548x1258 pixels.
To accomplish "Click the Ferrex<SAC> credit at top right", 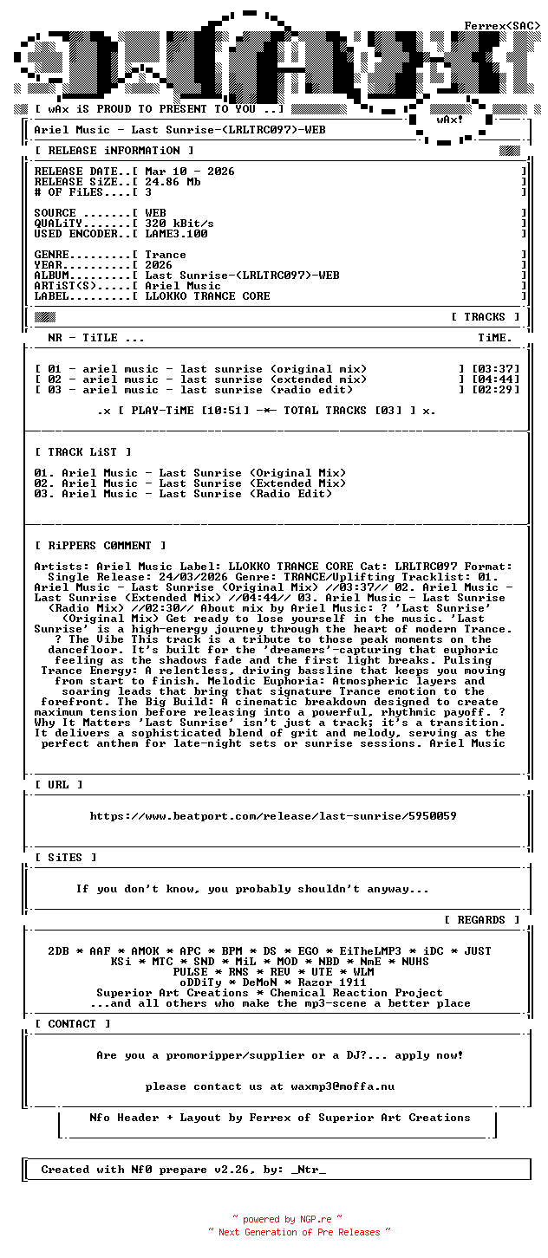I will (x=502, y=26).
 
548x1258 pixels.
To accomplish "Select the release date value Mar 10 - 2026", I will (x=190, y=172).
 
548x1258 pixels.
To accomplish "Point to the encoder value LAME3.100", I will (x=176, y=234).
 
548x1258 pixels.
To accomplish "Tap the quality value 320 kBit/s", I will (x=179, y=224).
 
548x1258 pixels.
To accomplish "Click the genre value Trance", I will (x=166, y=255).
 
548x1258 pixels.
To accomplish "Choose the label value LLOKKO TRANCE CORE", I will (x=207, y=296).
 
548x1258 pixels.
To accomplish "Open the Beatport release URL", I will (x=273, y=816).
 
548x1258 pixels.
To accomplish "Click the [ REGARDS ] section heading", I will (x=482, y=920).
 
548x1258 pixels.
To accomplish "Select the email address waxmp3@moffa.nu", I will (x=342, y=1086).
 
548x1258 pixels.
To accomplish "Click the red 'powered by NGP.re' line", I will (x=287, y=1219).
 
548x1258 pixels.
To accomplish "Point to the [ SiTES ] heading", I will (x=66, y=858).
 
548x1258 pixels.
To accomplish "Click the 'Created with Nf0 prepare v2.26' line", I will (x=183, y=1170).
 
